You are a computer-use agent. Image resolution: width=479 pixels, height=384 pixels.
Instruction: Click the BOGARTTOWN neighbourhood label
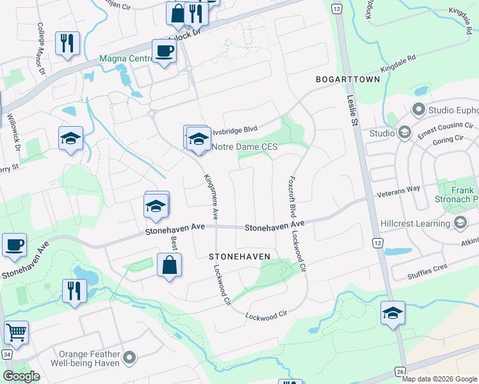point(348,79)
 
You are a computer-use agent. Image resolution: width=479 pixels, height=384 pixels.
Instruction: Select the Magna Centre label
point(124,60)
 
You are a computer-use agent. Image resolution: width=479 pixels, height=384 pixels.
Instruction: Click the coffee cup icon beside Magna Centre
point(164,51)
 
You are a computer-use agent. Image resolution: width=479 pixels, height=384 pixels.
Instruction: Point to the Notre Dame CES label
point(245,147)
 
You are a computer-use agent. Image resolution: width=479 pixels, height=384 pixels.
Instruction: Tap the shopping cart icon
point(16,332)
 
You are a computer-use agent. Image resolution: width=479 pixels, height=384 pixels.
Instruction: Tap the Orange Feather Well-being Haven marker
point(129,357)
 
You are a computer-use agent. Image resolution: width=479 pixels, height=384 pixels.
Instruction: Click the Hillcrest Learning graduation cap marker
point(459,222)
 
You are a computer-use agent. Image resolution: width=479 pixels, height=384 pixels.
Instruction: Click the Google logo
point(21,376)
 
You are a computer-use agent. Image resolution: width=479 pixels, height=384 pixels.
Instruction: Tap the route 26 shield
point(401,371)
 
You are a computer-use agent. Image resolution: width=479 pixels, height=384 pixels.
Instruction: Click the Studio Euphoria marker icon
point(419,109)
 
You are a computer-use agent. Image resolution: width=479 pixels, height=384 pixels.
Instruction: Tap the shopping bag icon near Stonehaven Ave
point(169,266)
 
